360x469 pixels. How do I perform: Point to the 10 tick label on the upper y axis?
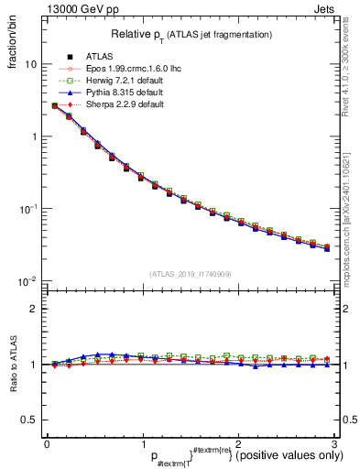point(30,65)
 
